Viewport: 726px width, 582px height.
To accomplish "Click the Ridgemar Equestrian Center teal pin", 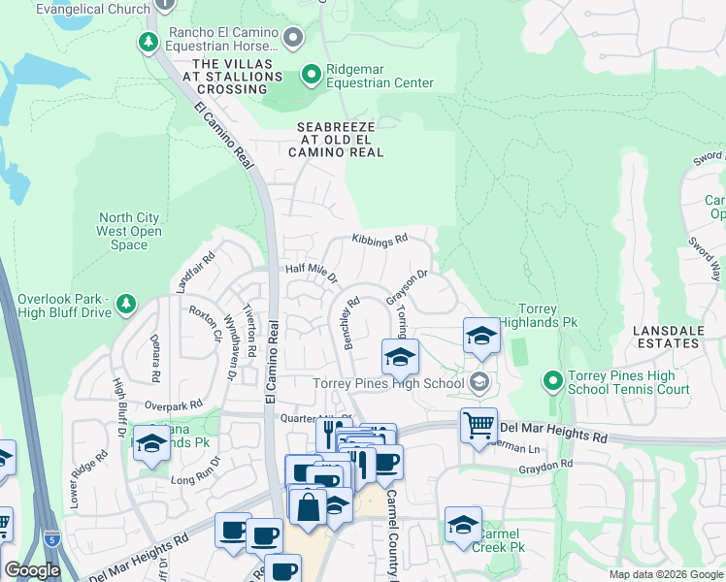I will (x=311, y=74).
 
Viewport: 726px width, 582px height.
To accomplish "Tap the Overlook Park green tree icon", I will (x=125, y=306).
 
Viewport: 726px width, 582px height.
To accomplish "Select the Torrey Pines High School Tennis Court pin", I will (x=552, y=381).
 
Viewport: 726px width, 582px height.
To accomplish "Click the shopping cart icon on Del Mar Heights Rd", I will (x=478, y=425).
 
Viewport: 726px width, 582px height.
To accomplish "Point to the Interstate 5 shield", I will (x=51, y=536).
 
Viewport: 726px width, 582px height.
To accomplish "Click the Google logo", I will (x=32, y=571).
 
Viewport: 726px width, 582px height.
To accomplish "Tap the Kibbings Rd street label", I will (x=379, y=238).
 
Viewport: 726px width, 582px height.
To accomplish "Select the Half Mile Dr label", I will (x=310, y=274).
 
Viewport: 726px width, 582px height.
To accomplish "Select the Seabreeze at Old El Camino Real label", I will (x=340, y=140).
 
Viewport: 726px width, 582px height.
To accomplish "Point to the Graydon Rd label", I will (x=545, y=466).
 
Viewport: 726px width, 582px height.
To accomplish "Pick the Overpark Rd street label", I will (x=173, y=404).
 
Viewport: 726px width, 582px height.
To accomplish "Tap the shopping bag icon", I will (x=308, y=507).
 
